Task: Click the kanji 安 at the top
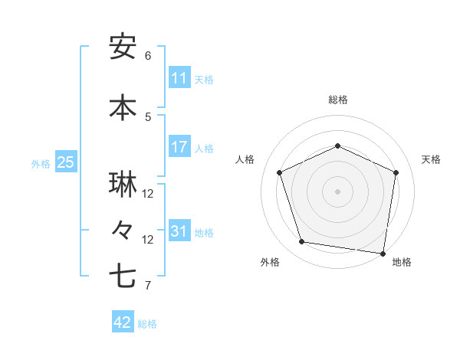[123, 47]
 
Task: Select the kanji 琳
[123, 185]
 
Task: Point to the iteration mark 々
[123, 229]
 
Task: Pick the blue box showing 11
[179, 78]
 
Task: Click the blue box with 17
[179, 147]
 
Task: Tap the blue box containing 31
[179, 231]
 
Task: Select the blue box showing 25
[65, 162]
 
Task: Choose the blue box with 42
[123, 322]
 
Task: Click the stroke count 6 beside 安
[148, 56]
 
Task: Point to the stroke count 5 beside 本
[148, 116]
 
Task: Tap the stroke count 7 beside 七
[148, 286]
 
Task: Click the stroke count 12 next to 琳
[148, 194]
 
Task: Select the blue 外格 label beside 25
[41, 163]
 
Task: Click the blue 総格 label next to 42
[147, 324]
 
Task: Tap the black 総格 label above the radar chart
[338, 100]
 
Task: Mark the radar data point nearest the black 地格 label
[383, 253]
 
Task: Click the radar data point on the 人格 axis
[280, 172]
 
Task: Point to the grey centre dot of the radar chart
[338, 191]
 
